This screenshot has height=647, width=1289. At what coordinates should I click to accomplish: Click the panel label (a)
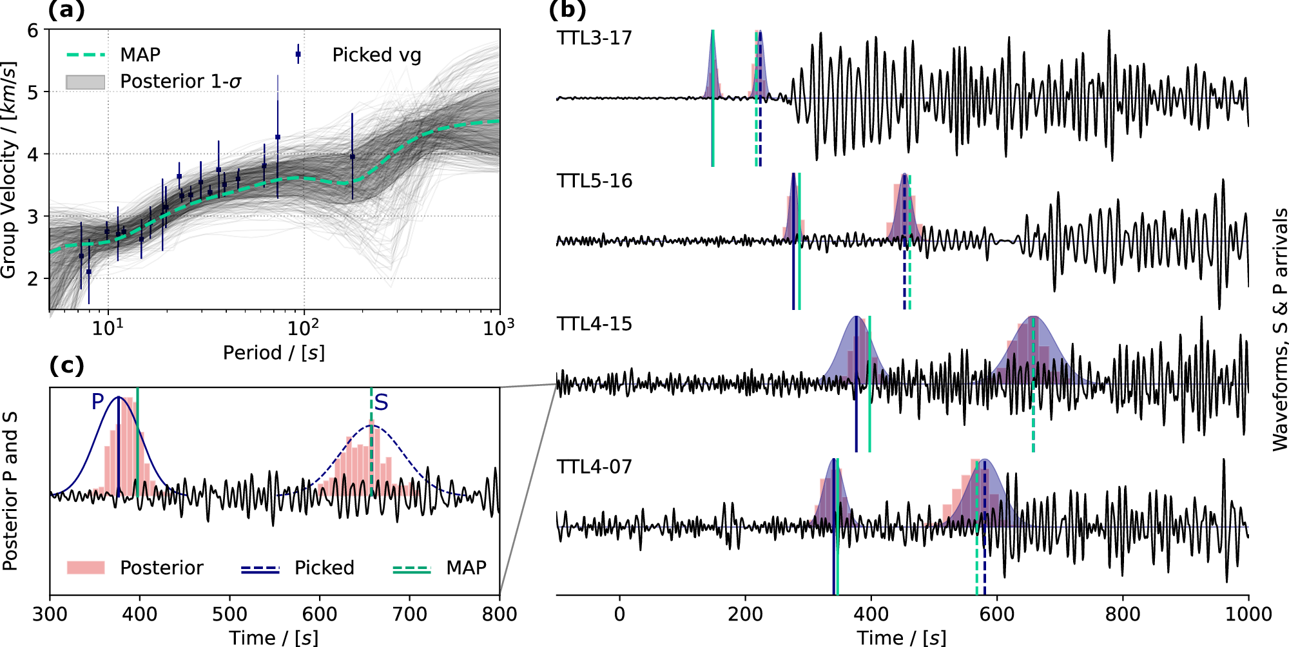pos(66,11)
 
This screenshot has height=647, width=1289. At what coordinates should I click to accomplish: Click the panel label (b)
pos(567,11)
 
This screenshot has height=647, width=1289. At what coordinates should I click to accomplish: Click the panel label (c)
pos(66,366)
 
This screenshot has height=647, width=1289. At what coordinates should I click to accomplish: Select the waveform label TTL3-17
pos(594,38)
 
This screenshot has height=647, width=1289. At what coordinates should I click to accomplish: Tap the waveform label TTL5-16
pos(594,181)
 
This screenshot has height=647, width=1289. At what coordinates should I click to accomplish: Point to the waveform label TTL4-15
pos(594,324)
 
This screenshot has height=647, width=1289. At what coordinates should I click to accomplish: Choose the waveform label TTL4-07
pos(594,467)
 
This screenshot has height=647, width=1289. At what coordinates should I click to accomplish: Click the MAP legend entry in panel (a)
pos(140,55)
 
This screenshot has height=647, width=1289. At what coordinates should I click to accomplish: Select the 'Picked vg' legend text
pos(376,55)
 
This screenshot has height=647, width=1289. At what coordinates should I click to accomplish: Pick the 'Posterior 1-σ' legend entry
pos(180,82)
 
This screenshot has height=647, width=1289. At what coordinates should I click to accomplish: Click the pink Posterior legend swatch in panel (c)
pos(86,568)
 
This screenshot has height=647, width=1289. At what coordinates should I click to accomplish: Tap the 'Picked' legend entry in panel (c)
pos(324,568)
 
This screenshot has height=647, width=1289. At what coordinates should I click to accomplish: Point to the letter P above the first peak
pos(98,402)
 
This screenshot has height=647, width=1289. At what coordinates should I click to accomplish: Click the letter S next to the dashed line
pos(382,403)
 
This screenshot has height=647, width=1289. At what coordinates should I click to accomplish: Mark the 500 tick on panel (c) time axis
pos(229,614)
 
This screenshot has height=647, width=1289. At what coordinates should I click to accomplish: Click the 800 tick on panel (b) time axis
pos(1123,614)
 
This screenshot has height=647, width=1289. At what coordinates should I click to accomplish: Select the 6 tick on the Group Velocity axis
pos(32,30)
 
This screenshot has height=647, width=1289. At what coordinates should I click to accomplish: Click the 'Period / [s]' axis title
pos(274,353)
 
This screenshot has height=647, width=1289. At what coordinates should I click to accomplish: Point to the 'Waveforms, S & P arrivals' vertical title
pos(1280,329)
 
